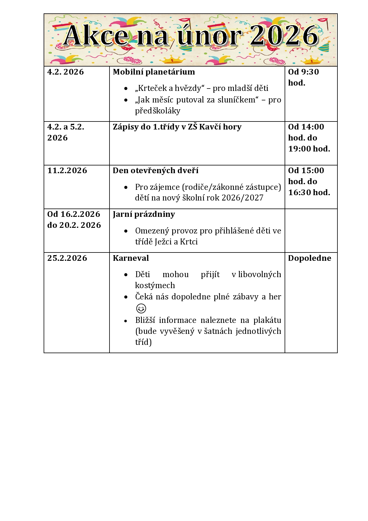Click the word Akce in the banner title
[x=96, y=36]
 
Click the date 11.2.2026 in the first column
[x=67, y=170]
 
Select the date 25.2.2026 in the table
[x=67, y=258]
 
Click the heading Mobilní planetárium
[x=154, y=72]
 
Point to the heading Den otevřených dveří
[x=156, y=170]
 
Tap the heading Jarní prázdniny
[x=144, y=214]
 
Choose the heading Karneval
[x=131, y=258]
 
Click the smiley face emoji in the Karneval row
[x=141, y=308]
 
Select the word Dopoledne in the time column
[x=310, y=258]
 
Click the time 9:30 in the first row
[x=310, y=72]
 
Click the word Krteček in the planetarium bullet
[x=152, y=88]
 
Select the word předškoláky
[x=158, y=111]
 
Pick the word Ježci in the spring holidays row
[x=163, y=242]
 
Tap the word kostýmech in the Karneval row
[x=155, y=285]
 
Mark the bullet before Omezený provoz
[x=126, y=231]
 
